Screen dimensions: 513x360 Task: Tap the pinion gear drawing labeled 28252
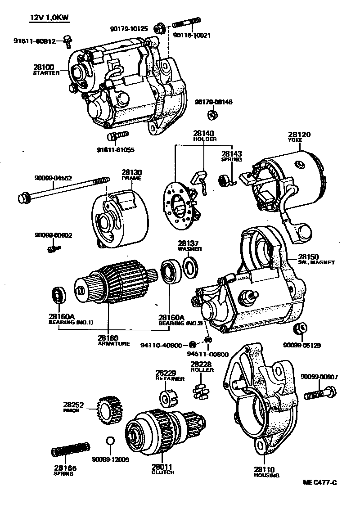107,409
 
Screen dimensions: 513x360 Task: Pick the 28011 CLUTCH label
163,470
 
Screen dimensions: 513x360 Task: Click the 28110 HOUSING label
266,472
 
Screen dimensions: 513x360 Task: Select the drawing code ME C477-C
319,483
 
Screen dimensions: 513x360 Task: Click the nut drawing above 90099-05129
300,328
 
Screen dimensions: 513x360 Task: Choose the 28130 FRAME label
131,175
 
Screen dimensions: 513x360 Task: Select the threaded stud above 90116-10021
185,22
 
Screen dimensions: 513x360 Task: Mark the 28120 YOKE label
300,137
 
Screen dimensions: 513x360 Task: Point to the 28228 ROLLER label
201,366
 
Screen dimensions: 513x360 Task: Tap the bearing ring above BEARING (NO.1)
58,295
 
